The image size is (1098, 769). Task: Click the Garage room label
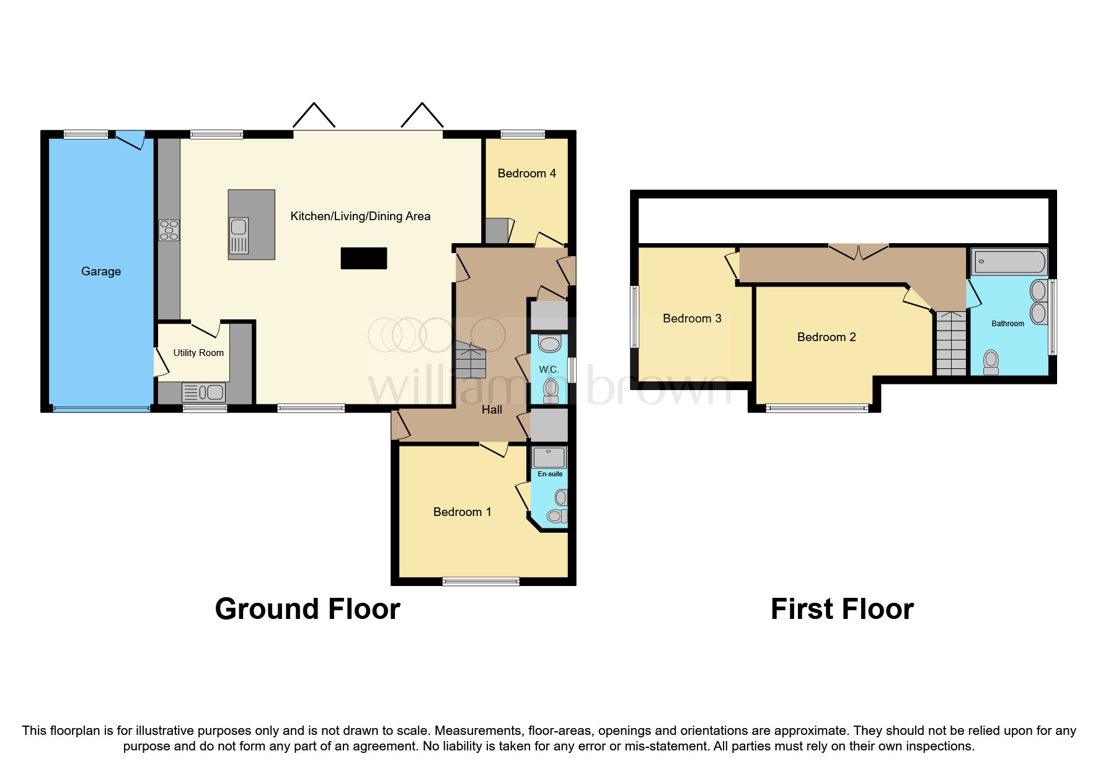(x=101, y=272)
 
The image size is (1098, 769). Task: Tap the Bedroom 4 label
(x=526, y=174)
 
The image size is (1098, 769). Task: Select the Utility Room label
(x=198, y=353)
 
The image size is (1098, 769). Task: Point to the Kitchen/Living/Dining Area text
(x=360, y=216)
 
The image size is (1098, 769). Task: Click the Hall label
(x=492, y=409)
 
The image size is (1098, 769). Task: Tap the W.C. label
(x=549, y=370)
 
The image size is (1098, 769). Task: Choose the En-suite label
(x=550, y=474)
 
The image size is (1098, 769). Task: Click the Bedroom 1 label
(x=462, y=512)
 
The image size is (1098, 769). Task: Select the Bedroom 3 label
(x=692, y=319)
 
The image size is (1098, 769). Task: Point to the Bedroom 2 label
(x=826, y=337)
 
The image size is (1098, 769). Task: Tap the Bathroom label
(x=1007, y=324)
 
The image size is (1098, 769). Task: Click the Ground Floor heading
(x=308, y=609)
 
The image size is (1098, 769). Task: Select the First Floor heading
(x=842, y=609)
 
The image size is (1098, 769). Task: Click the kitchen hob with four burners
(x=169, y=230)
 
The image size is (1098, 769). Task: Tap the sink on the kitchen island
(x=239, y=236)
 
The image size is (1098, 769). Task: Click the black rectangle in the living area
(x=364, y=258)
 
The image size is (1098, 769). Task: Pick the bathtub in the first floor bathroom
(x=1009, y=262)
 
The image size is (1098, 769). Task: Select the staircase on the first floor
(x=951, y=344)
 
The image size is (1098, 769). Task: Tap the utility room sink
(x=203, y=393)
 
